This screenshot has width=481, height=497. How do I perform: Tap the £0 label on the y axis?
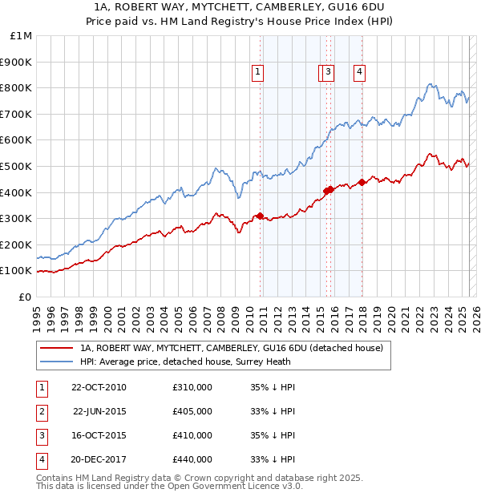(25, 297)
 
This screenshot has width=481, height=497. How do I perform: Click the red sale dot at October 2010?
(260, 216)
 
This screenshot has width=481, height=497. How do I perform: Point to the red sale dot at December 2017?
(362, 182)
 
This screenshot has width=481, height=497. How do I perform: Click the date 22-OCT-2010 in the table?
(99, 387)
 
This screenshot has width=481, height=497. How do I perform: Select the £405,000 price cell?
(192, 411)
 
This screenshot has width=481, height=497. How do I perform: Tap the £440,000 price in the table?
(192, 459)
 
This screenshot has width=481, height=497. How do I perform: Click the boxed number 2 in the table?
(41, 411)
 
